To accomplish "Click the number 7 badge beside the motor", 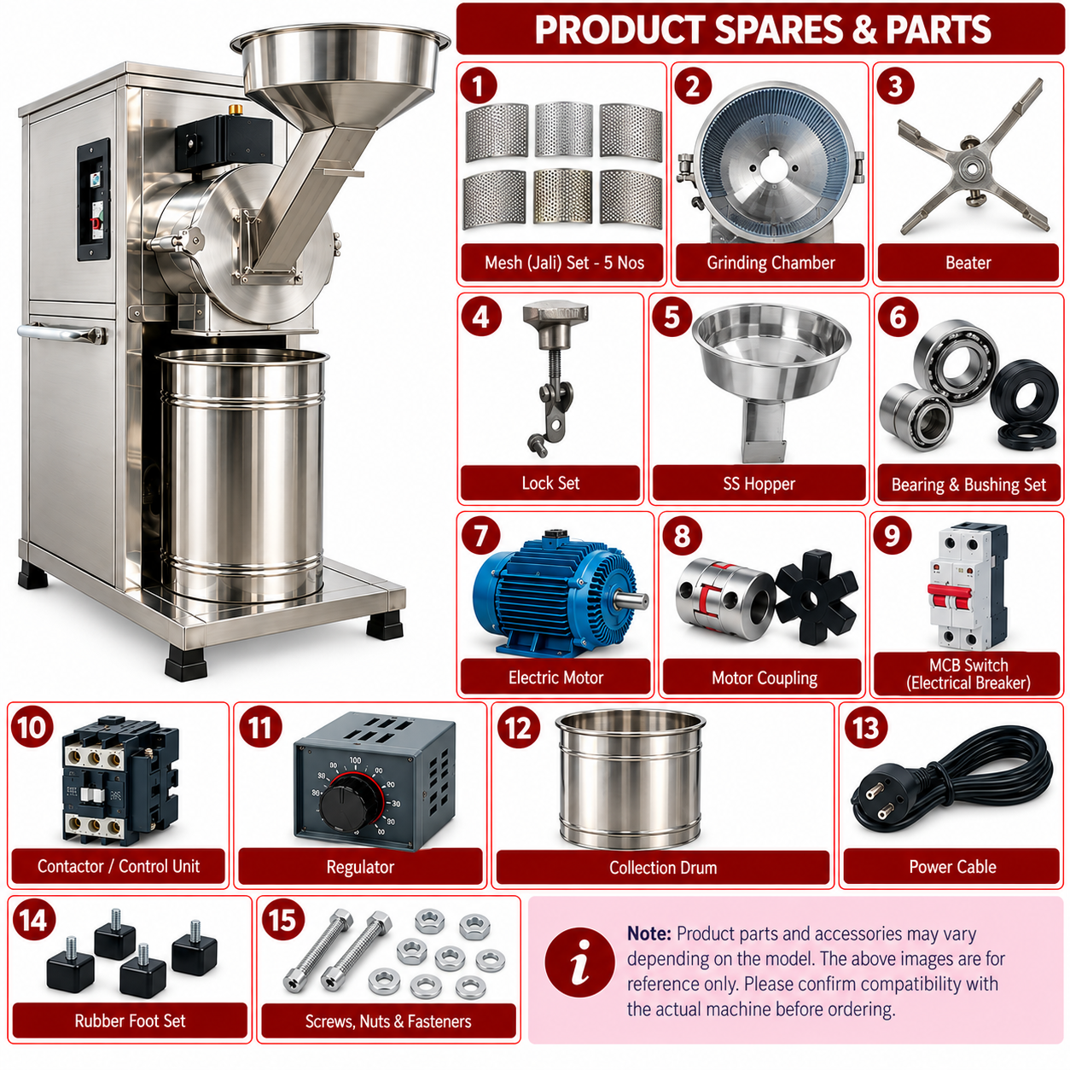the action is coord(480,536).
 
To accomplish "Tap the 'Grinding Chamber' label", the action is coord(771,263).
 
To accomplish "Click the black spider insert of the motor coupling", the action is coord(816,597).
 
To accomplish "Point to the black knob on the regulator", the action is coord(351,802).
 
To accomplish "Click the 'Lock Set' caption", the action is coord(550,483).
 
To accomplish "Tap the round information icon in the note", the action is coord(579,962).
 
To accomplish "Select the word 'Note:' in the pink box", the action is coord(649,933).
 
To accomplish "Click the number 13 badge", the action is coord(865,727).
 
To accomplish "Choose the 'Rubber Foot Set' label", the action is coord(130,1021).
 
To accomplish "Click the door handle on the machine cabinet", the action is coord(61,333).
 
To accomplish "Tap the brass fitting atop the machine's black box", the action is coord(235,108).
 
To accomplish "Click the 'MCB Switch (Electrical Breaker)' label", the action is coord(968,673).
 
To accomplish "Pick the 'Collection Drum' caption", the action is coord(662,867).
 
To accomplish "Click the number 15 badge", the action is coord(282,920).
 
